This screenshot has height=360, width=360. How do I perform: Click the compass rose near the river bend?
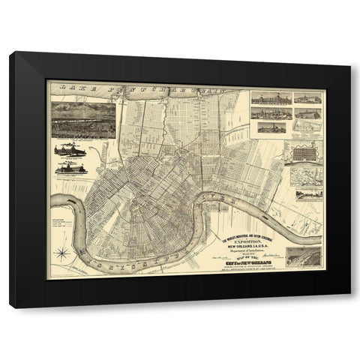[63, 253]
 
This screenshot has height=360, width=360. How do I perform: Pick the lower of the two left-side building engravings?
[71, 168]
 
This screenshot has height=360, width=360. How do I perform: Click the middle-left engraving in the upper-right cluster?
[271, 114]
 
